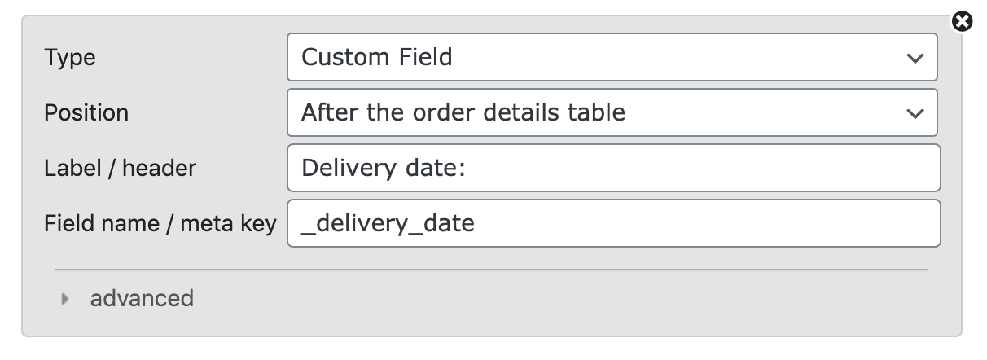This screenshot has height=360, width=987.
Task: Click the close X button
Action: click(962, 21)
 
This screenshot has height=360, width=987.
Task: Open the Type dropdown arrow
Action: click(915, 58)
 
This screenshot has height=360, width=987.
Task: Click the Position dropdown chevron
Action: click(915, 114)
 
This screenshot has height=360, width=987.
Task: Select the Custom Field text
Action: click(377, 57)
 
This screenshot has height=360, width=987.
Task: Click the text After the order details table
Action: click(463, 112)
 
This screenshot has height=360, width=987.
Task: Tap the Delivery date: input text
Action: click(384, 168)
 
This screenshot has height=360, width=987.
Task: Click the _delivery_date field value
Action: click(388, 223)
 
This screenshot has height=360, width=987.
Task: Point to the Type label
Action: click(69, 58)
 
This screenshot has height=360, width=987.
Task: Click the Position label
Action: click(86, 112)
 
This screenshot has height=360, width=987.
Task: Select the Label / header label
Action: click(120, 168)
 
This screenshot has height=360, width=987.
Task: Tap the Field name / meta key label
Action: click(160, 223)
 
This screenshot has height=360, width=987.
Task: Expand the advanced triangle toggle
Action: click(65, 299)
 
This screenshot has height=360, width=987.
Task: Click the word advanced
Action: click(142, 298)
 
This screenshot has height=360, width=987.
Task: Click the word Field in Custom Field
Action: click(425, 57)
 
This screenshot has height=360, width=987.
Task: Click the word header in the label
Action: click(159, 168)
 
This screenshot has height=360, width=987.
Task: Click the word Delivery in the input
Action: click(349, 168)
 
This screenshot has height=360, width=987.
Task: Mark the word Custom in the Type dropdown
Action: click(345, 57)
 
